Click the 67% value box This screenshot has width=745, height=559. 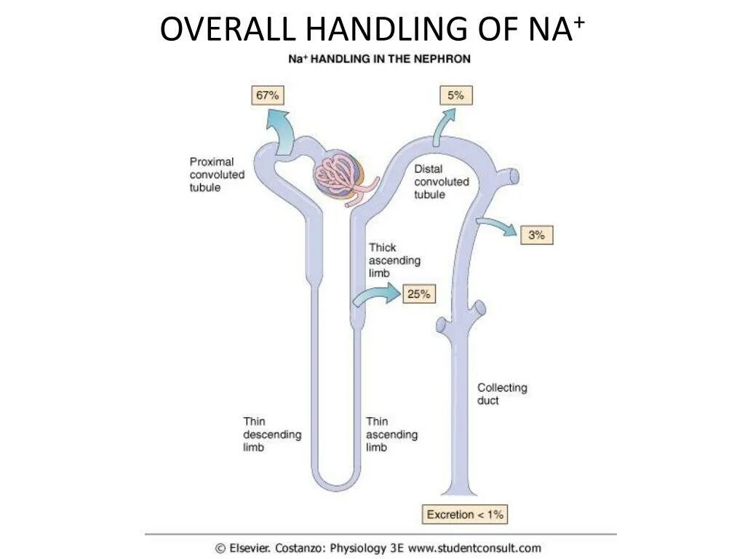pyautogui.click(x=267, y=95)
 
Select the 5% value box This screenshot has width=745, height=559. pyautogui.click(x=456, y=95)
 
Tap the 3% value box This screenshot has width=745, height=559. pyautogui.click(x=536, y=234)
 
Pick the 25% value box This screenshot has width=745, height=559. pyautogui.click(x=418, y=294)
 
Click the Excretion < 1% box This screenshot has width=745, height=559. pyautogui.click(x=465, y=515)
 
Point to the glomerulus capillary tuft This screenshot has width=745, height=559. pyautogui.click(x=340, y=177)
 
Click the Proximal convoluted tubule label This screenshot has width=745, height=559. pyautogui.click(x=217, y=175)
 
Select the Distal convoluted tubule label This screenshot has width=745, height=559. pyautogui.click(x=442, y=182)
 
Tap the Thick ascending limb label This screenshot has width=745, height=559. pyautogui.click(x=394, y=261)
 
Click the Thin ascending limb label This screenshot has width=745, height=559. pyautogui.click(x=391, y=434)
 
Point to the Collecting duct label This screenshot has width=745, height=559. pyautogui.click(x=502, y=395)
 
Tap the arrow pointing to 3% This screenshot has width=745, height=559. pyautogui.click(x=498, y=226)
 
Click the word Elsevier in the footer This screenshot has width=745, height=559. pyautogui.click(x=252, y=548)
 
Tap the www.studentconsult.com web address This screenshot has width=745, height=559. pyautogui.click(x=474, y=548)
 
